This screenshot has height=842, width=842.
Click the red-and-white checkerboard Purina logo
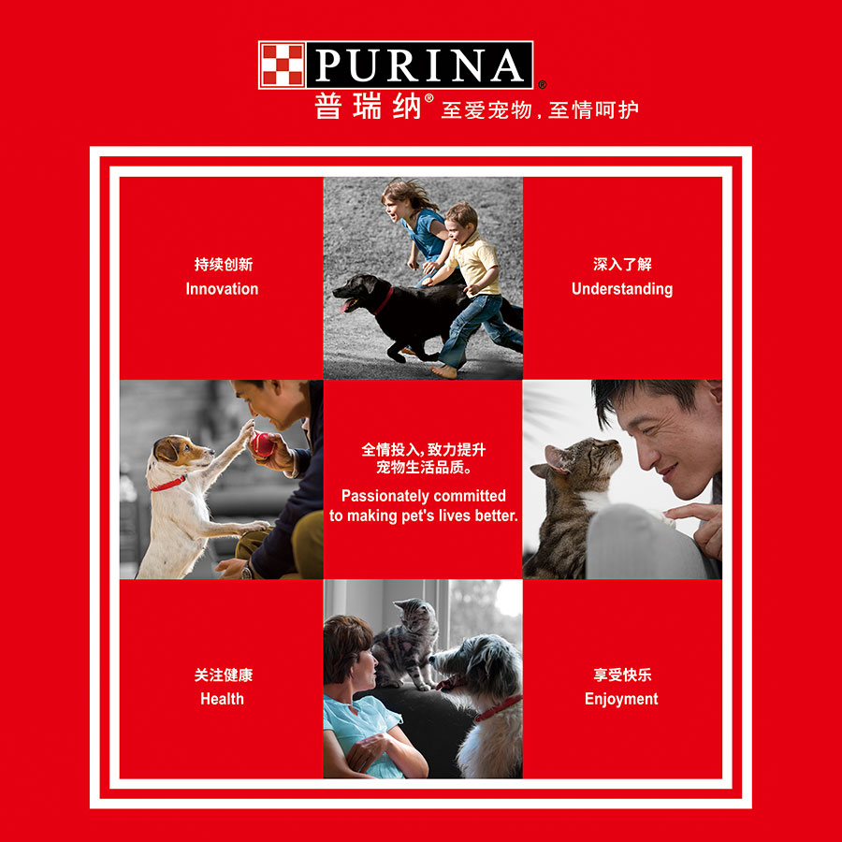coord(282,65)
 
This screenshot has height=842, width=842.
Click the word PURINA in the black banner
coord(419,65)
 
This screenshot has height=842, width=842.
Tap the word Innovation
coord(222,289)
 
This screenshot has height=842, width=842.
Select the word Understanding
coord(622,289)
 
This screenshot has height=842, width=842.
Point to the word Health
coord(222,699)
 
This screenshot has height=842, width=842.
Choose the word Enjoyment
coord(621,699)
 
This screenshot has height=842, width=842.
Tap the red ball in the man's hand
coord(263,444)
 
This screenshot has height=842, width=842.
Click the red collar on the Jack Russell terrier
coord(168,485)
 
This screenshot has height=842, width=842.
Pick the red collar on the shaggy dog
coord(498,708)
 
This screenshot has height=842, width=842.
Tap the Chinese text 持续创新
coord(224,264)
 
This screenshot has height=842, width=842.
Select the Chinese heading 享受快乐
coord(622,675)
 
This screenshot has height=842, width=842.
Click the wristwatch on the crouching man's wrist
coord(246,572)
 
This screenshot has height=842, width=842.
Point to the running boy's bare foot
coord(444,371)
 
